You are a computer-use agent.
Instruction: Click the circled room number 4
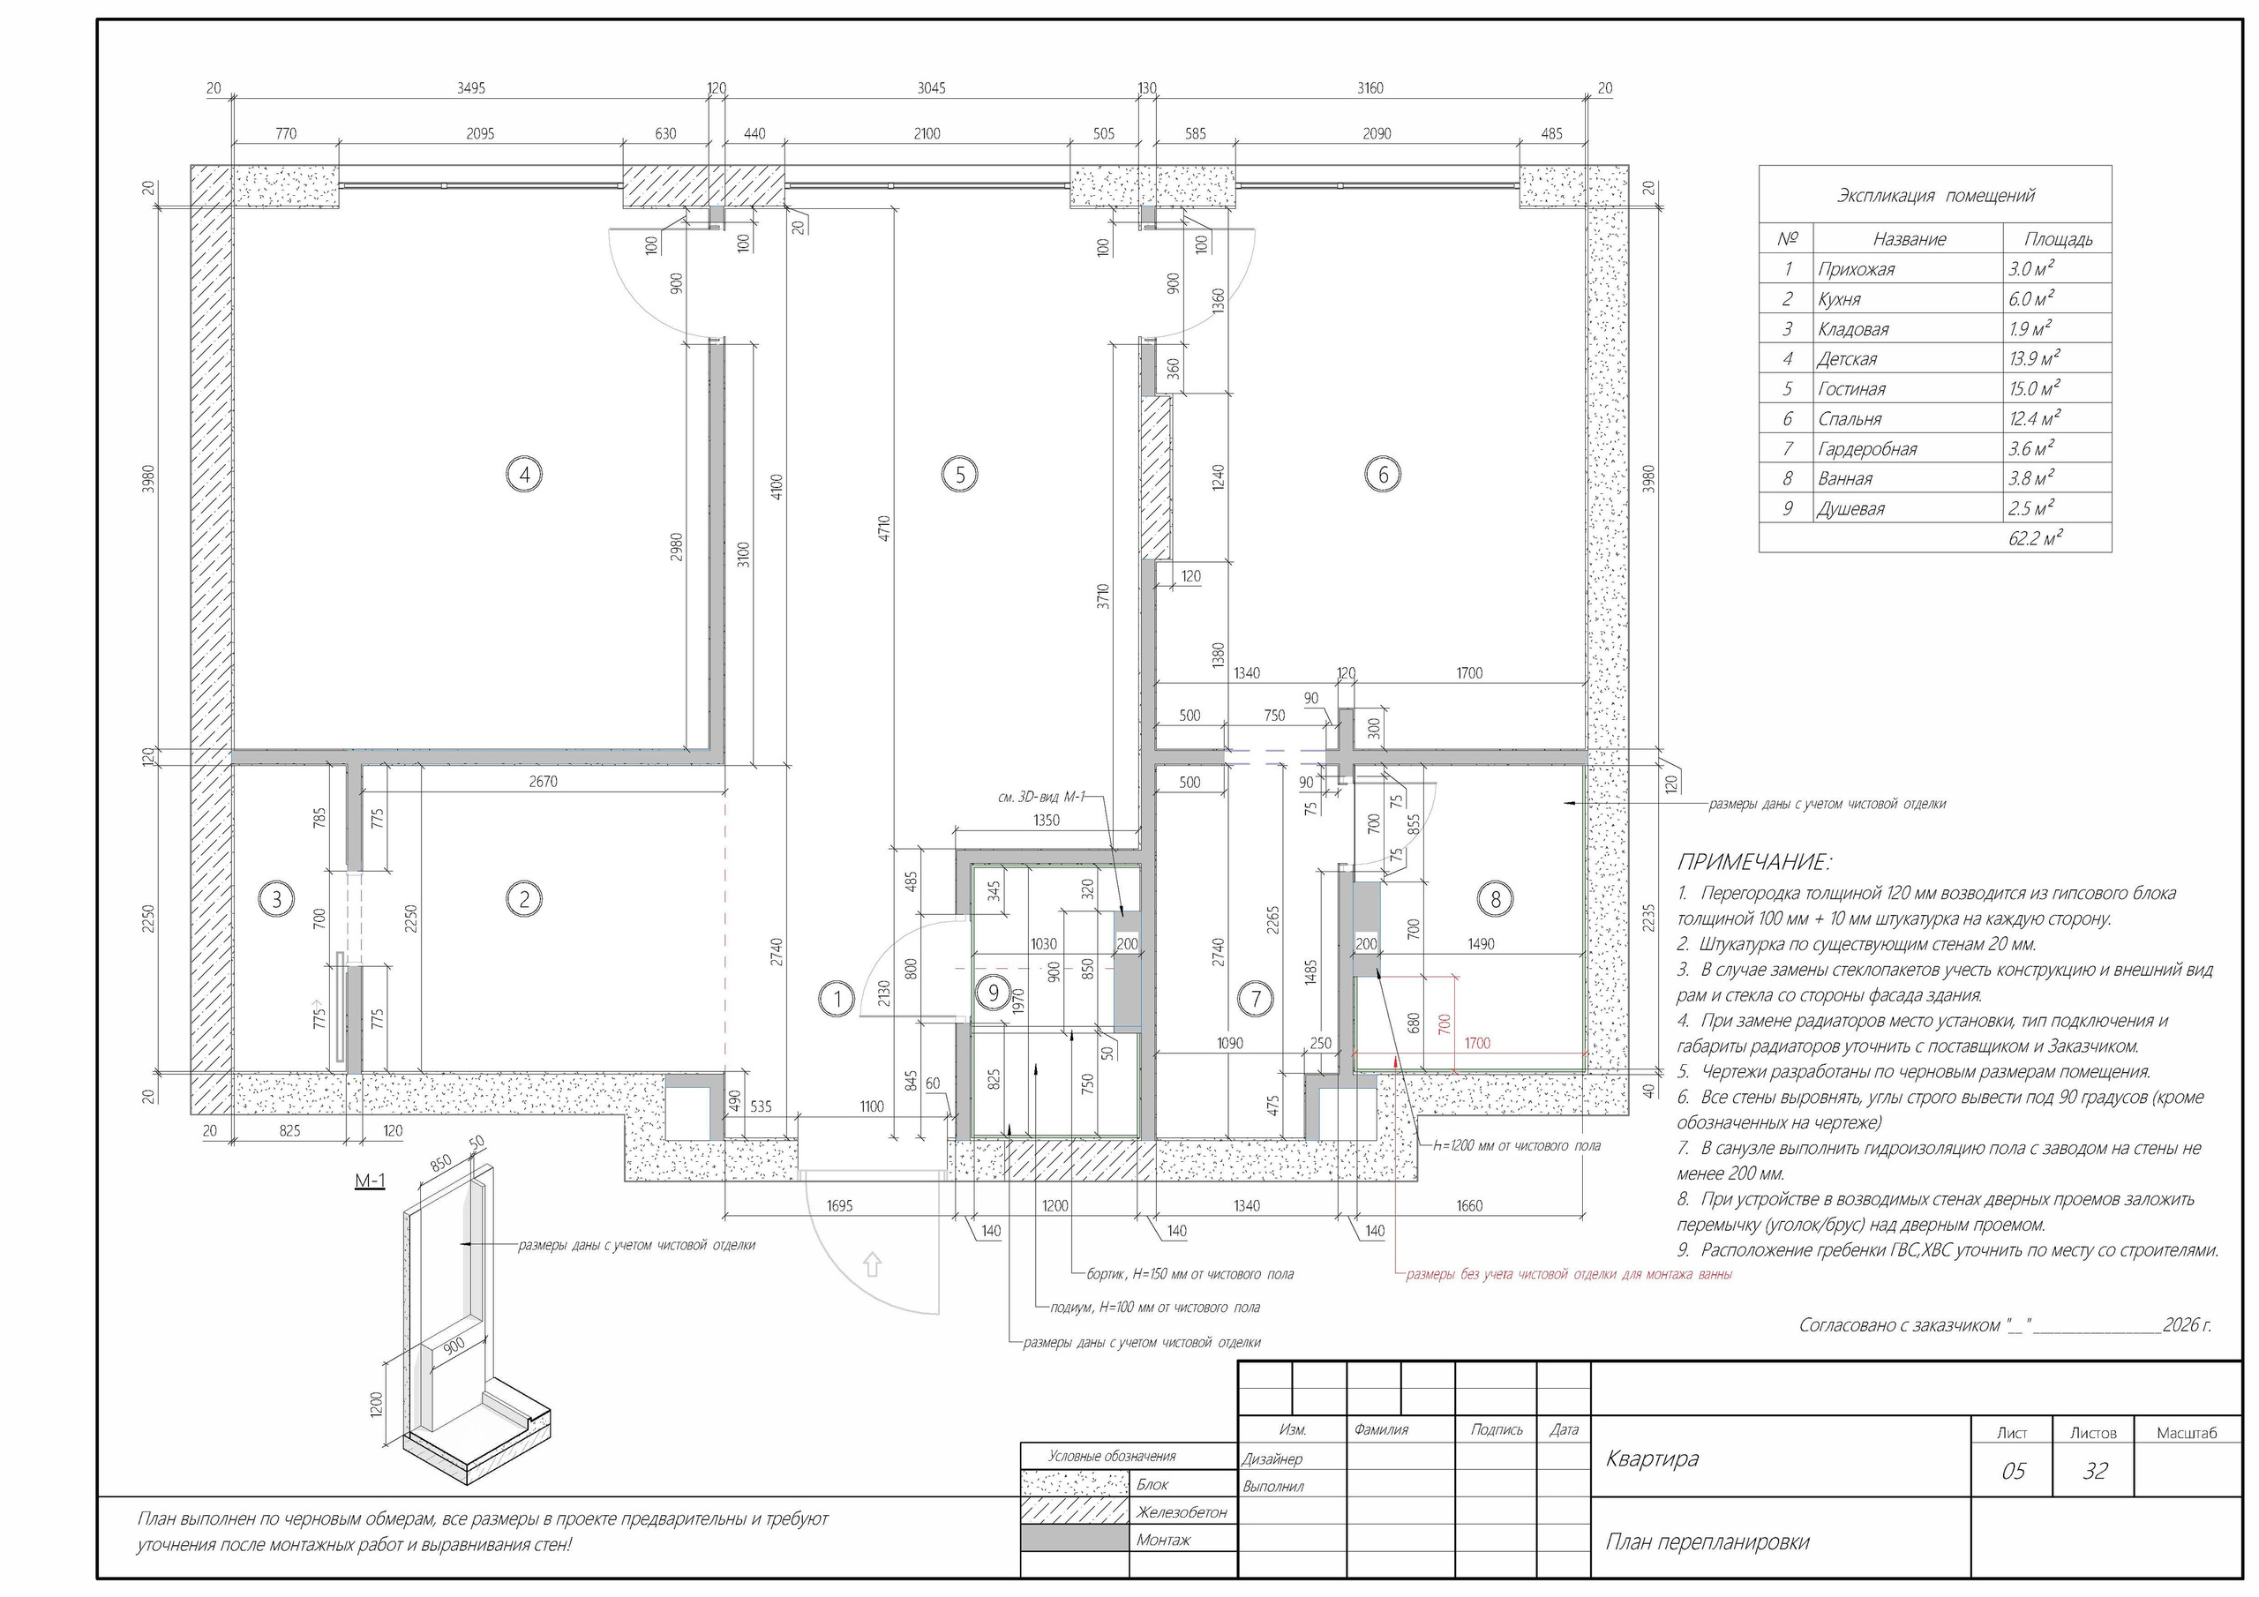pos(524,476)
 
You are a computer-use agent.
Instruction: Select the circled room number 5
pos(959,476)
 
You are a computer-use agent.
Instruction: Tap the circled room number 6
pos(1383,476)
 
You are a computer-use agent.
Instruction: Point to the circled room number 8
pos(1496,898)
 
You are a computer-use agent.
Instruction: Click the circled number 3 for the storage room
pos(276,898)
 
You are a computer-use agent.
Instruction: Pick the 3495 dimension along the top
pos(470,88)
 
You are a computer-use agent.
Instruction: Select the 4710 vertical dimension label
pos(884,529)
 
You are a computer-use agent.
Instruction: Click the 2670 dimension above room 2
pos(542,781)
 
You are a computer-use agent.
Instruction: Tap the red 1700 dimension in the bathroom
pos(1477,1043)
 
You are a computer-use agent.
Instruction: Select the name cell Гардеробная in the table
pos(1867,449)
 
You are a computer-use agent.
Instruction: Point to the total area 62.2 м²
pos(2036,538)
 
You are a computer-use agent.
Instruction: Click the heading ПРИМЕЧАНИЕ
pos(1754,863)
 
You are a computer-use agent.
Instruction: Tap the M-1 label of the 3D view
pos(370,1181)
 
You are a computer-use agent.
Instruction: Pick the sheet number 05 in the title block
pos(2013,1471)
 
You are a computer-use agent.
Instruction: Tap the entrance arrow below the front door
pos(872,1264)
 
